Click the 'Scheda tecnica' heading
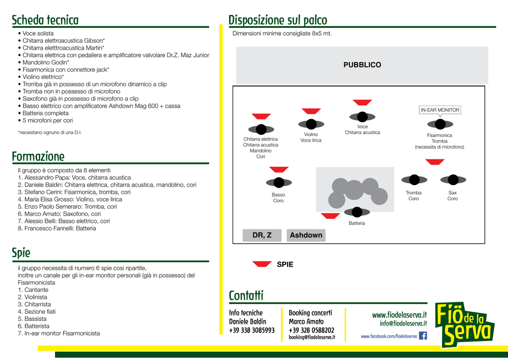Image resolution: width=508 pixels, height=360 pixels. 45,20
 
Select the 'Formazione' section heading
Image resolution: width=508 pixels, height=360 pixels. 38,157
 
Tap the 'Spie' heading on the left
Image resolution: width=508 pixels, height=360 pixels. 21,253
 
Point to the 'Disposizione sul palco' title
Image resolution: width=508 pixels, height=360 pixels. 278,20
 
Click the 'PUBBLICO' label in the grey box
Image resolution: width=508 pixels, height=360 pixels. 362,65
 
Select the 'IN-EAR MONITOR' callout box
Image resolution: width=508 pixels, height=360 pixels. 440,110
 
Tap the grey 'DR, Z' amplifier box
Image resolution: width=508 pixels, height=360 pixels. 262,235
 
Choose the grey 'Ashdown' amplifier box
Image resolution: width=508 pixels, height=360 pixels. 306,235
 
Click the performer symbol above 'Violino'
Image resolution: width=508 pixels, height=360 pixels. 311,124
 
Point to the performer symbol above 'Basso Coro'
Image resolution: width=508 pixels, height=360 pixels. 279,183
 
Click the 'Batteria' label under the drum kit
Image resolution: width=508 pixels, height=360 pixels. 357,223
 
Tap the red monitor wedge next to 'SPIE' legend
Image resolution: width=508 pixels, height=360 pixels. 262,264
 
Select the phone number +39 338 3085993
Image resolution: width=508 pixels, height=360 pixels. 252,330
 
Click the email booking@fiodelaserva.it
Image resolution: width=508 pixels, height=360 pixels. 312,338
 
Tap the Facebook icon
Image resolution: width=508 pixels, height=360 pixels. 423,336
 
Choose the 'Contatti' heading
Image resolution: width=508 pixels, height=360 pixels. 246,296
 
